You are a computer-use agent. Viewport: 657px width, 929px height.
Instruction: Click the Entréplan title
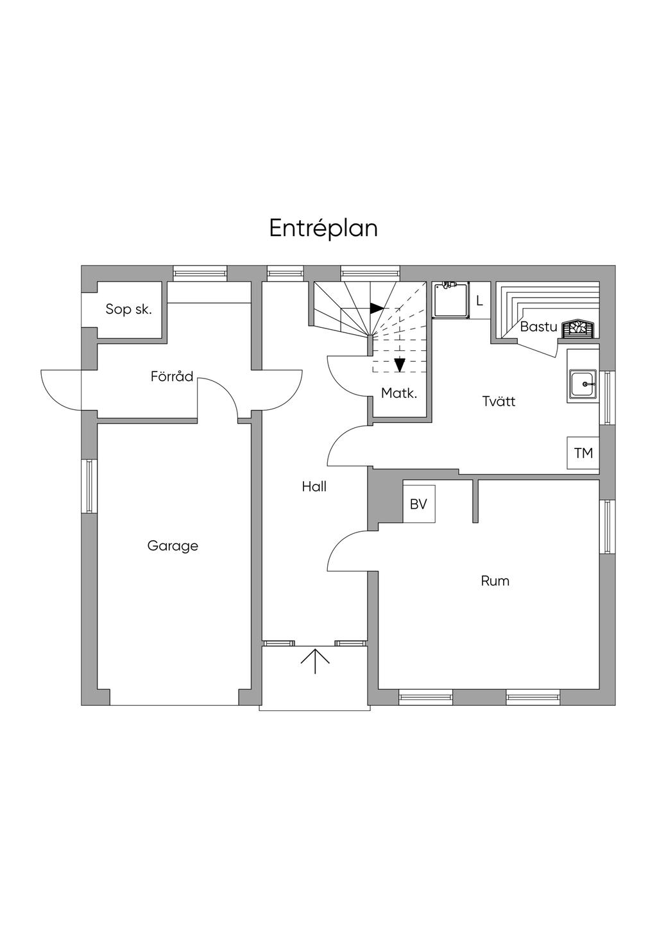pyautogui.click(x=323, y=228)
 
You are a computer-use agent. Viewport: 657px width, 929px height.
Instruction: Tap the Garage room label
pyautogui.click(x=173, y=546)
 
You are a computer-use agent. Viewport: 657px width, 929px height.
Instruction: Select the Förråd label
pyautogui.click(x=172, y=377)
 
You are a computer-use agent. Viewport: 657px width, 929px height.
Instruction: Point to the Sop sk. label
pyautogui.click(x=128, y=309)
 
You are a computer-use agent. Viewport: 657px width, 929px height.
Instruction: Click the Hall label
pyautogui.click(x=314, y=486)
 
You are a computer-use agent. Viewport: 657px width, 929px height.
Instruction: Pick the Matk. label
pyautogui.click(x=399, y=393)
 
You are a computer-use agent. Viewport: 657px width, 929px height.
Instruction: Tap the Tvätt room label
pyautogui.click(x=499, y=401)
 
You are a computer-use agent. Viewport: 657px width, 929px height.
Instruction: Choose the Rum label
pyautogui.click(x=495, y=581)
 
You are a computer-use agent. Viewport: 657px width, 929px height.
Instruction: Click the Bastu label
pyautogui.click(x=538, y=327)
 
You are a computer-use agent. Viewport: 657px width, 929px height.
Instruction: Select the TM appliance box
pyautogui.click(x=583, y=453)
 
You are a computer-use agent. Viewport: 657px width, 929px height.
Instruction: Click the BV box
pyautogui.click(x=419, y=504)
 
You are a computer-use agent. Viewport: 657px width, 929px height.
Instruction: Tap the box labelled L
pyautogui.click(x=481, y=301)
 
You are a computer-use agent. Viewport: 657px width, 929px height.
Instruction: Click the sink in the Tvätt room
pyautogui.click(x=583, y=385)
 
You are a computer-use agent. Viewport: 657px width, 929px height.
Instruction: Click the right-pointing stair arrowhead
pyautogui.click(x=377, y=308)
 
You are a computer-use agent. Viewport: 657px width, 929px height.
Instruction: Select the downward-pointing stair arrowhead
pyautogui.click(x=400, y=365)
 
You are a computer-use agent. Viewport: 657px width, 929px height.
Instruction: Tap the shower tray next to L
pyautogui.click(x=451, y=300)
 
